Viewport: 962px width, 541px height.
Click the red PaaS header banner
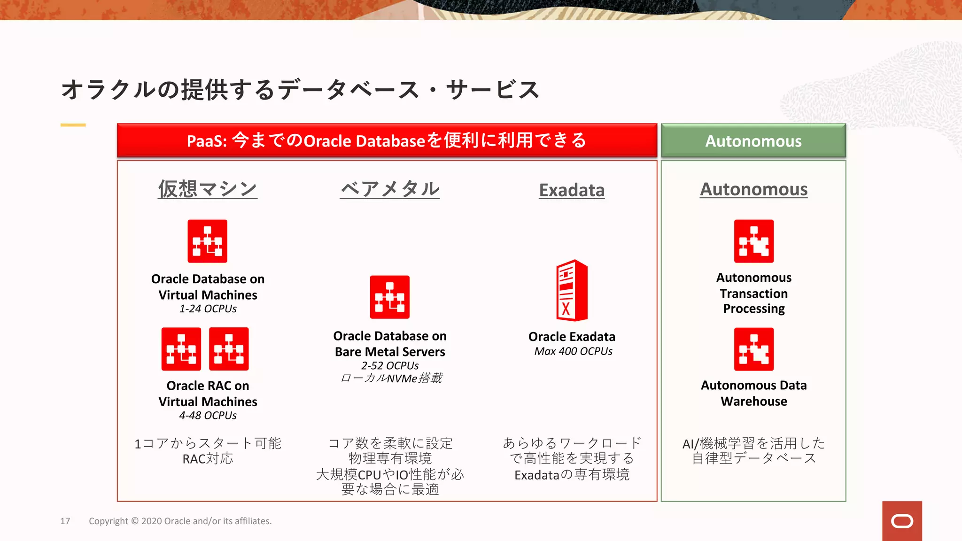pyautogui.click(x=387, y=140)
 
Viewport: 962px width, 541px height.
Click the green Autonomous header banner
pyautogui.click(x=753, y=140)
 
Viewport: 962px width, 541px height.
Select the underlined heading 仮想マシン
pyautogui.click(x=208, y=189)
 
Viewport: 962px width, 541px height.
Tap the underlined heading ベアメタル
pyautogui.click(x=390, y=189)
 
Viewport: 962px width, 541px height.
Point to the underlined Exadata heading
pyautogui.click(x=572, y=190)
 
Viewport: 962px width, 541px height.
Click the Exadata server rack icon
pyautogui.click(x=572, y=290)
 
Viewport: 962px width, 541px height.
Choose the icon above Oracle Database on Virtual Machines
pyautogui.click(x=207, y=241)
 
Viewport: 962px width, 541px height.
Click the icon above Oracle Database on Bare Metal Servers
pyautogui.click(x=389, y=297)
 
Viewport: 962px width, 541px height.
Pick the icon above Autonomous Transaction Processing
pyautogui.click(x=753, y=241)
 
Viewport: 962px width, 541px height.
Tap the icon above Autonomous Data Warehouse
pyautogui.click(x=753, y=349)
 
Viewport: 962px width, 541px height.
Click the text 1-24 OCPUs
pyautogui.click(x=208, y=309)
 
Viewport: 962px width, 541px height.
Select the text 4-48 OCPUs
pyautogui.click(x=208, y=416)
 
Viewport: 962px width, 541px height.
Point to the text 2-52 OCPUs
pyautogui.click(x=390, y=365)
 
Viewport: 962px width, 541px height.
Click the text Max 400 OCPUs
pyautogui.click(x=573, y=351)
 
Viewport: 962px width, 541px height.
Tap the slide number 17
pyautogui.click(x=65, y=521)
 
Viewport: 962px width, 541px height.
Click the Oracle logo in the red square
pyautogui.click(x=902, y=521)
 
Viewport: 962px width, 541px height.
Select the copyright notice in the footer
pyautogui.click(x=180, y=521)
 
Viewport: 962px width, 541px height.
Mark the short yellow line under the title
pyautogui.click(x=73, y=125)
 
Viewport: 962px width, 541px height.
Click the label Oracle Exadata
pyautogui.click(x=572, y=337)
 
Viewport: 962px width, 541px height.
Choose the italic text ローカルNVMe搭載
pyautogui.click(x=391, y=378)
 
